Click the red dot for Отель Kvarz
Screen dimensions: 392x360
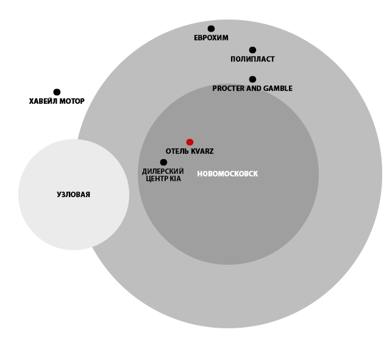pos(190,142)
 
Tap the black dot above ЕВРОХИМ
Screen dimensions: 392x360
pos(211,29)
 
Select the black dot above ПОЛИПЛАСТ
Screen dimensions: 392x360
pos(252,50)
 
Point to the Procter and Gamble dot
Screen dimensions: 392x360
pos(252,79)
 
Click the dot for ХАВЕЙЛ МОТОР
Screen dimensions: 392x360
pos(57,92)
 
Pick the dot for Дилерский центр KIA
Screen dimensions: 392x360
pos(163,162)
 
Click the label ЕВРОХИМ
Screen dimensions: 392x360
pos(212,38)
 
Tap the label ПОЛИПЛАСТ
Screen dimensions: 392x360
pos(252,59)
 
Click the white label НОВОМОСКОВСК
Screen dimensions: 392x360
pos(227,174)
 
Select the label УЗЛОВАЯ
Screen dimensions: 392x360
pos(74,195)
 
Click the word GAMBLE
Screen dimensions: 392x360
pos(278,88)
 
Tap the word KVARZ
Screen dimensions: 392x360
pos(202,151)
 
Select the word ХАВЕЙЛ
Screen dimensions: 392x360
pos(43,101)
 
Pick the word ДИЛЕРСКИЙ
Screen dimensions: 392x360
pos(163,171)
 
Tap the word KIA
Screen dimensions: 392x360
pos(175,179)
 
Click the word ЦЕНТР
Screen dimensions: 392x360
pos(157,179)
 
